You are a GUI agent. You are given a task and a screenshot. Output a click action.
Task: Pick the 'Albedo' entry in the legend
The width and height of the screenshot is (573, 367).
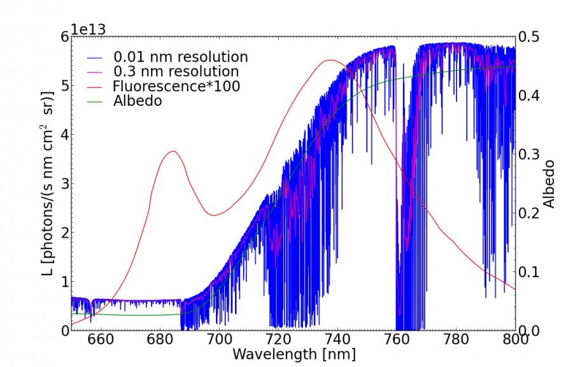(137, 101)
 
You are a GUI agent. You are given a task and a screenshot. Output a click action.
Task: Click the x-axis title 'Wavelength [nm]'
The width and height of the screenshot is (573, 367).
(294, 354)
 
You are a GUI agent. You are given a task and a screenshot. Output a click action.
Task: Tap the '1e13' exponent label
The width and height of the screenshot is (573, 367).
(87, 29)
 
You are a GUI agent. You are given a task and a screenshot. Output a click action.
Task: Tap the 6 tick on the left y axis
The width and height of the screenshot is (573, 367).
(65, 36)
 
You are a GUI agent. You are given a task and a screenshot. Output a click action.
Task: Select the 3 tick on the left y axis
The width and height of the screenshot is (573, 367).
(65, 183)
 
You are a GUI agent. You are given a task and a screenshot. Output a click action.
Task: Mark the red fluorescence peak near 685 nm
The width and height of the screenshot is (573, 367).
(173, 151)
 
